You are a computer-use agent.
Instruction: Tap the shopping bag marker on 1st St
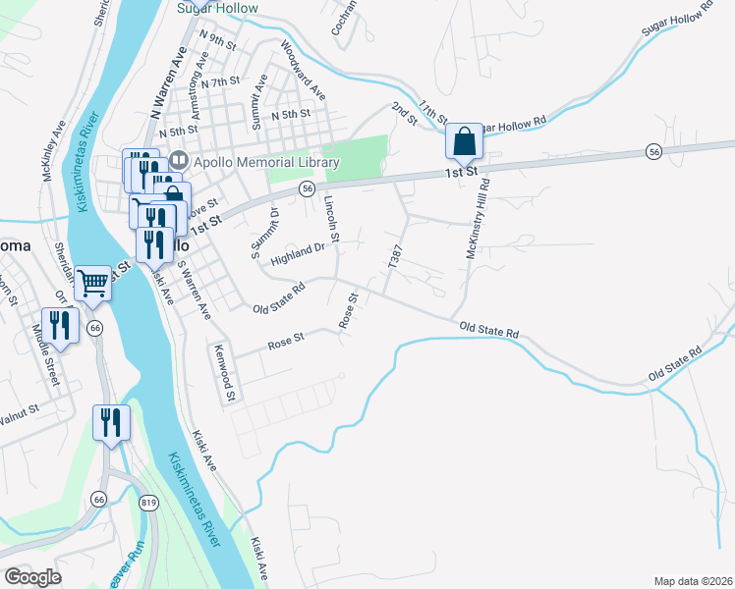point(464,141)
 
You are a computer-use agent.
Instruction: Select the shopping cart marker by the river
point(93,284)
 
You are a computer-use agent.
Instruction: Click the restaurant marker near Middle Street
point(58,326)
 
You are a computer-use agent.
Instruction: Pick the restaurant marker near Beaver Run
point(110,423)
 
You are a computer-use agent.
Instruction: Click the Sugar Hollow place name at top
point(217,8)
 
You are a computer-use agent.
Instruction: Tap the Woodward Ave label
point(303,70)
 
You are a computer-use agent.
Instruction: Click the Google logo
point(32,577)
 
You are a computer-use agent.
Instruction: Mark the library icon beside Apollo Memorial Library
point(178,160)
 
